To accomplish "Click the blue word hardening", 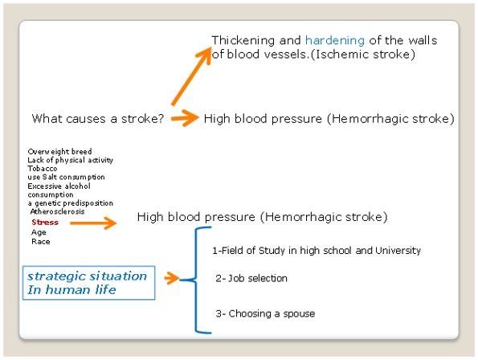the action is [x=335, y=41].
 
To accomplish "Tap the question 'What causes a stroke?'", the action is [x=98, y=119].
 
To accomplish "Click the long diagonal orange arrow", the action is [x=191, y=76].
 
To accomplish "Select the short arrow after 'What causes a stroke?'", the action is [x=185, y=118].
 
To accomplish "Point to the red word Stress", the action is [x=45, y=223].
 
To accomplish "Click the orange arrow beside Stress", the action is [x=93, y=223].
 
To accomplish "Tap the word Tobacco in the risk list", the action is [x=42, y=169].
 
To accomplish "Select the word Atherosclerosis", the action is [x=57, y=211].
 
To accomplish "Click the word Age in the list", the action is [x=39, y=232].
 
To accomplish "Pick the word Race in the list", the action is [x=40, y=242].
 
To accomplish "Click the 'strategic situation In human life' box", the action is [x=88, y=283].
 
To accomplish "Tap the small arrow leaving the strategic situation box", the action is [x=172, y=278].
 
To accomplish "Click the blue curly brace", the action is [x=195, y=280].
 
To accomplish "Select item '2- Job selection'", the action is [x=251, y=278].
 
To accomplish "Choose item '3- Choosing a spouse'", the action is [x=265, y=313].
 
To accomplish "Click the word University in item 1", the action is [x=398, y=251].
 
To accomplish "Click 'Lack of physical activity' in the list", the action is [x=70, y=161].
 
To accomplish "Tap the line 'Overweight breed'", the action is [x=59, y=152].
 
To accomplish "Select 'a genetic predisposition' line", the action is [x=70, y=203].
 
